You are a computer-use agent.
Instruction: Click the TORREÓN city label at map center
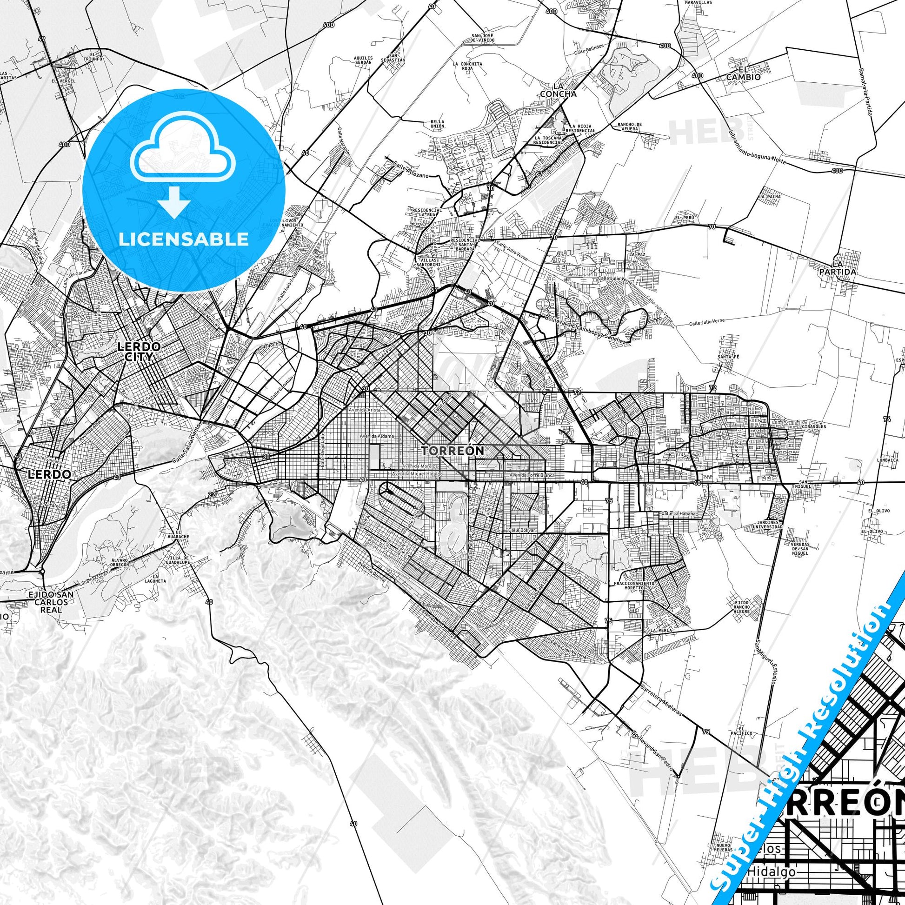[452, 451]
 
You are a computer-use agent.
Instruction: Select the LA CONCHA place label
[558, 90]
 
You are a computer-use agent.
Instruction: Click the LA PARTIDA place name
[845, 267]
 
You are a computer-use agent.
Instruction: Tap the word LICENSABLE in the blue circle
[183, 239]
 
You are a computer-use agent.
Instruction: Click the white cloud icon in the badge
[183, 148]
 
